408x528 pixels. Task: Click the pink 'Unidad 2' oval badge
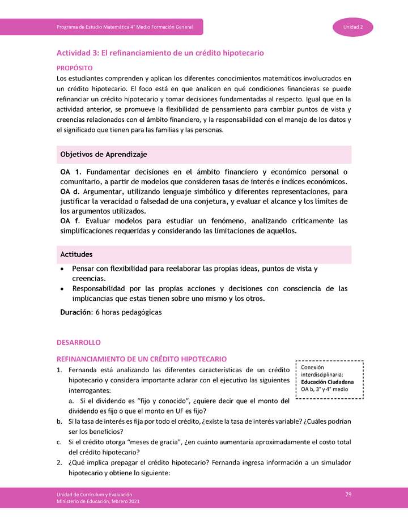(352, 27)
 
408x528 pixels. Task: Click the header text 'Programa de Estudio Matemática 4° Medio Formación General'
(125, 27)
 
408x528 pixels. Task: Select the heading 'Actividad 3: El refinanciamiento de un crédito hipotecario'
(160, 53)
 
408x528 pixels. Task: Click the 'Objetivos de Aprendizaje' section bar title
(104, 154)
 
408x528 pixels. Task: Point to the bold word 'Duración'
(76, 312)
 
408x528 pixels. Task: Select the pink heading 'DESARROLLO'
(78, 343)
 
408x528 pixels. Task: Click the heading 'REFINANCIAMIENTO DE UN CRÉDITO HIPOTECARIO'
(142, 359)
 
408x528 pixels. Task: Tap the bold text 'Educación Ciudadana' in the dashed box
(328, 382)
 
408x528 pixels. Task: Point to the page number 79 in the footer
(348, 495)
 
